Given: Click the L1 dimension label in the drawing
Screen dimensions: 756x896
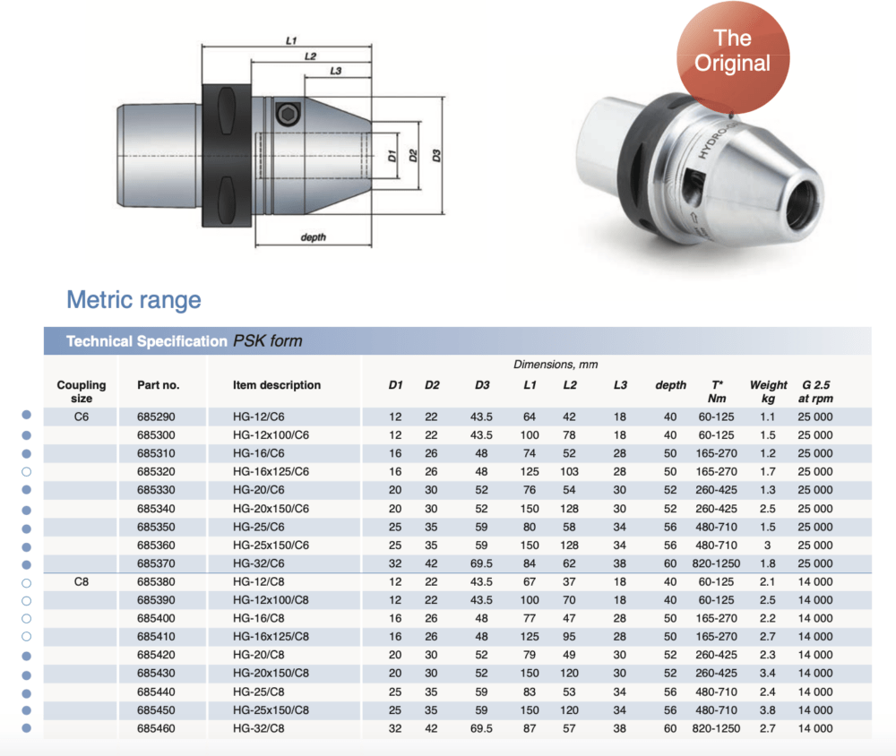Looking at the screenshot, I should pyautogui.click(x=291, y=40).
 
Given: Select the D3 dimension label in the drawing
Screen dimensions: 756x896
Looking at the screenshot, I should pyautogui.click(x=436, y=156).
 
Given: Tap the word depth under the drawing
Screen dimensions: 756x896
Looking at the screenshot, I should pyautogui.click(x=313, y=237).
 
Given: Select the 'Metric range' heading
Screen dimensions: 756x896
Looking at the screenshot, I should pyautogui.click(x=134, y=299).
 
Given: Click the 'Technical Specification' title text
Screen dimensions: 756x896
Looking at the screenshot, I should pyautogui.click(x=146, y=341).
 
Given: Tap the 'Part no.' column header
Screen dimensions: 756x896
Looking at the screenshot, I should pyautogui.click(x=158, y=385).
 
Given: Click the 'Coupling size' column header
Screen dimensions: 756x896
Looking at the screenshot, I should pyautogui.click(x=81, y=391).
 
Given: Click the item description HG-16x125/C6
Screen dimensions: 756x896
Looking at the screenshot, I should pyautogui.click(x=271, y=472).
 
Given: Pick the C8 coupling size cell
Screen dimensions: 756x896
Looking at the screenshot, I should pyautogui.click(x=81, y=582).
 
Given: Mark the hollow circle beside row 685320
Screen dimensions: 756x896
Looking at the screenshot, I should pyautogui.click(x=26, y=472).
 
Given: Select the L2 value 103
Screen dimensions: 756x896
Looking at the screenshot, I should pyautogui.click(x=569, y=472).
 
